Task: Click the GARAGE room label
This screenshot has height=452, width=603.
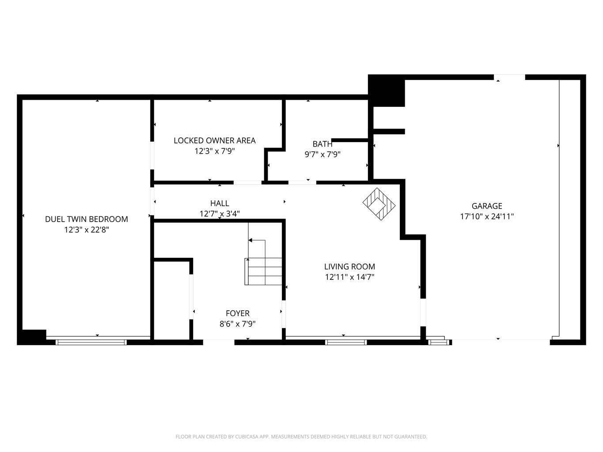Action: coord(487,206)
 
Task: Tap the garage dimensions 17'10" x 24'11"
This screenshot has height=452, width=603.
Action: coord(487,217)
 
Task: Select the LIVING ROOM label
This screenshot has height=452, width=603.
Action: coord(349,267)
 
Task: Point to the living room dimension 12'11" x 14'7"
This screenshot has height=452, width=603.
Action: coord(349,277)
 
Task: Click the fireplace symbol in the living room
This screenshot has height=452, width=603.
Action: coord(379,204)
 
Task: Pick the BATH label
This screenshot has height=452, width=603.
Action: coord(322,144)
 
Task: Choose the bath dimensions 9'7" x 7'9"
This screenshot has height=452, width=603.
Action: coord(322,154)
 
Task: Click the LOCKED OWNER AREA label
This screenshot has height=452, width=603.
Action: coord(215,140)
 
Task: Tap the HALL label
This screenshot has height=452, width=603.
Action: coord(220,203)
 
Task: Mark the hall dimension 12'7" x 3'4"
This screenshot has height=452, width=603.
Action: coord(220,214)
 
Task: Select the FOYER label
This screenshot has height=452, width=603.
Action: coord(238,313)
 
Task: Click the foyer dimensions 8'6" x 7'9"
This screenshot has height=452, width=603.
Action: coord(238,324)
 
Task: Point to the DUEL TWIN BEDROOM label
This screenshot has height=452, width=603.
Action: coord(87,219)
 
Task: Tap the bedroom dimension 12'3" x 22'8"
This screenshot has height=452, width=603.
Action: coord(87,230)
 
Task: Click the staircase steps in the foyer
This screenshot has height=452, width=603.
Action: coord(263,271)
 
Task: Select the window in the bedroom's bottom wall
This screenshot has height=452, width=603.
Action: coord(91,342)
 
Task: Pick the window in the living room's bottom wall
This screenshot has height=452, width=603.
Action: coord(345,342)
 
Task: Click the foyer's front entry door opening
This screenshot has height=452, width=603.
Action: coord(219,342)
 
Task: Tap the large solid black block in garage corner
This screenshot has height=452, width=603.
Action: coord(386,90)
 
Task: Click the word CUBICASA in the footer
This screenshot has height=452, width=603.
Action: coord(247,437)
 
